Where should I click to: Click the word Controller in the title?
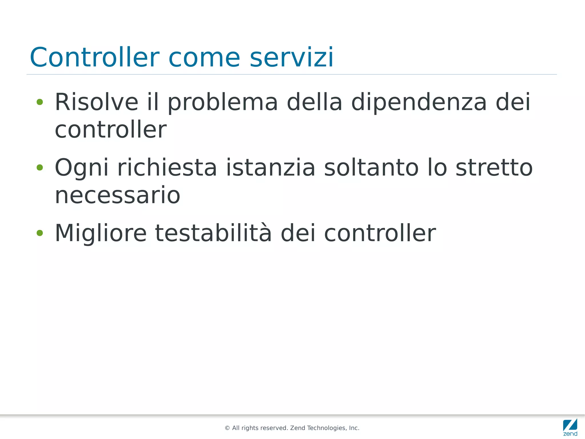(94, 57)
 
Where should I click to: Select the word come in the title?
(204, 57)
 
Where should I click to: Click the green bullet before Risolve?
(40, 102)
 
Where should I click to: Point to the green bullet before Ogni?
(40, 168)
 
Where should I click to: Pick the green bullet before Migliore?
(40, 233)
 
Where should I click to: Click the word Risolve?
(97, 102)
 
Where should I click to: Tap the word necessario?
(117, 195)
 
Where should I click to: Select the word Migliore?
(101, 233)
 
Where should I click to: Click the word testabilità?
(213, 233)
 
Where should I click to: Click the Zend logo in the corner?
(570, 427)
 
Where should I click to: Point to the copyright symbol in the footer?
(227, 428)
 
